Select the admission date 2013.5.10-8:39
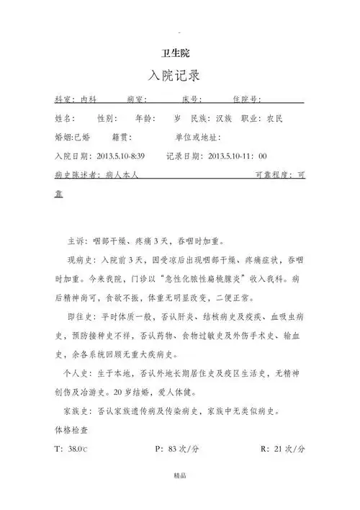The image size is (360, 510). (120, 156)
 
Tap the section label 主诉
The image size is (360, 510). (77, 241)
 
